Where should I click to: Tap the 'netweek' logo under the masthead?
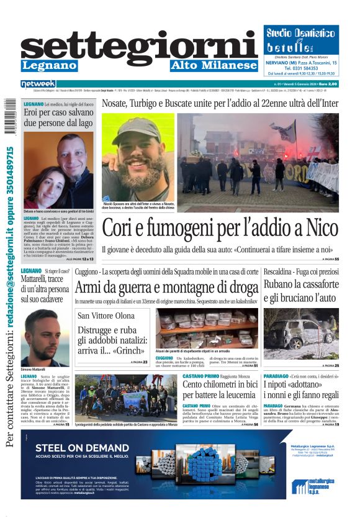click(38, 84)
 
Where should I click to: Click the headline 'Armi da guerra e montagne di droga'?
click(166, 288)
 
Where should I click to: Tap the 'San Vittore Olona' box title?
click(106, 316)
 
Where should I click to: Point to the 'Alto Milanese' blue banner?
click(213, 65)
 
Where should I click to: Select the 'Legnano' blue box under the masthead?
click(49, 65)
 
